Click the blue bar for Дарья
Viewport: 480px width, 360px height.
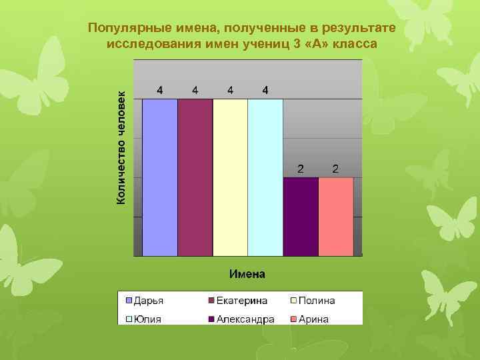pyautogui.click(x=160, y=177)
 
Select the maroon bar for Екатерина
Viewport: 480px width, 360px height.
pyautogui.click(x=195, y=177)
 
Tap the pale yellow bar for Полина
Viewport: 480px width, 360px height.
pyautogui.click(x=230, y=177)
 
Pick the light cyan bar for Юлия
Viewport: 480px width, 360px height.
pyautogui.click(x=265, y=177)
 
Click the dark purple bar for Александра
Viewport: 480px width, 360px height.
pyautogui.click(x=301, y=217)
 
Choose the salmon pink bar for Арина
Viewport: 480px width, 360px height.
pyautogui.click(x=336, y=217)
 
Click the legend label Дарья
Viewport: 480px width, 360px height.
pyautogui.click(x=149, y=301)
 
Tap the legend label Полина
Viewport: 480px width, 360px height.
pyautogui.click(x=317, y=301)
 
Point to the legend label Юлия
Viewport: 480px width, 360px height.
pyautogui.click(x=148, y=319)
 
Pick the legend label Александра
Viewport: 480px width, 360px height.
pyautogui.click(x=245, y=319)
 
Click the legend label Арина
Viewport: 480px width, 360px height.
pyautogui.click(x=314, y=319)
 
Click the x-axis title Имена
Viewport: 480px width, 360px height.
pyautogui.click(x=247, y=273)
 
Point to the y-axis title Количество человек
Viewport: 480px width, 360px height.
pyautogui.click(x=121, y=147)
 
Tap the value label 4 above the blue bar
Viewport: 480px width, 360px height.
pyautogui.click(x=160, y=89)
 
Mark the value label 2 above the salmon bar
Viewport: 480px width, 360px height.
pyautogui.click(x=336, y=168)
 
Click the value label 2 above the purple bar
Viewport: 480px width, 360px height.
pyautogui.click(x=301, y=168)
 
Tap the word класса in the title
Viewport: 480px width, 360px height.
pyautogui.click(x=355, y=43)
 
